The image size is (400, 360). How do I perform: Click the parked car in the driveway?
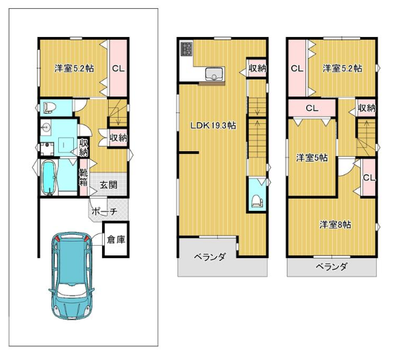(71, 275)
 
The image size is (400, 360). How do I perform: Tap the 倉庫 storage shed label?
(116, 240)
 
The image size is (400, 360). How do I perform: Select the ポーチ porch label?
(104, 211)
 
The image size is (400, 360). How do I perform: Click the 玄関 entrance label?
(108, 185)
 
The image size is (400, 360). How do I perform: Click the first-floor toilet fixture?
(49, 107)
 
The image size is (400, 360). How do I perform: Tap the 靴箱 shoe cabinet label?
(84, 178)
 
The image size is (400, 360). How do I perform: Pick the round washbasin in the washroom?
(46, 126)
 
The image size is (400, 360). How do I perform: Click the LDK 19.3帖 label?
(213, 125)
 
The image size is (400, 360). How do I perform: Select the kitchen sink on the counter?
(215, 73)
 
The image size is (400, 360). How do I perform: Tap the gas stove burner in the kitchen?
(186, 49)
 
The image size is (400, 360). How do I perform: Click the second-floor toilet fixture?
(257, 201)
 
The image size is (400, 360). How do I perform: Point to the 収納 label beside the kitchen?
(258, 68)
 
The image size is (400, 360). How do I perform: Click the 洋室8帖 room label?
(336, 224)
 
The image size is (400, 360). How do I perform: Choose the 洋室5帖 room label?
(312, 158)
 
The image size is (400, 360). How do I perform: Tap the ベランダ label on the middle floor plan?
(210, 257)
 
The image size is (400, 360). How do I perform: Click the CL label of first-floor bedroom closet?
(118, 68)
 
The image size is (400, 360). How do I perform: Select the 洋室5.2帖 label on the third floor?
(342, 68)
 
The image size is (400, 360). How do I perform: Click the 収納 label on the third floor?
(367, 108)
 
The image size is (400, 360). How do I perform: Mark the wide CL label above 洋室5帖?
(312, 108)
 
